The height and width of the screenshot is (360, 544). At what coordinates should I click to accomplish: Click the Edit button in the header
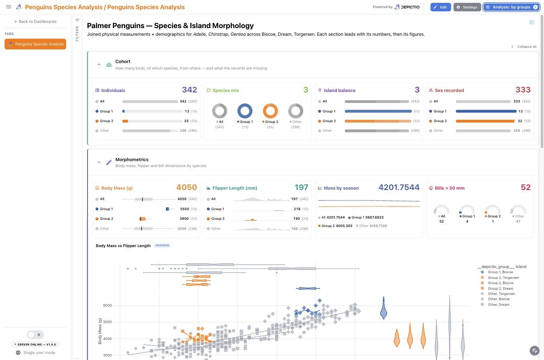440,7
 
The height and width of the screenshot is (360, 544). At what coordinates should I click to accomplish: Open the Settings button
467,7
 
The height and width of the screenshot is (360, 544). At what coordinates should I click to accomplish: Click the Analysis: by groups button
511,7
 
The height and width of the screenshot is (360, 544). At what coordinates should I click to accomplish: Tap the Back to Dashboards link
35,21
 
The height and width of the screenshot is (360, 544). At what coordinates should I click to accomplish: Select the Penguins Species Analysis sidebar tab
35,44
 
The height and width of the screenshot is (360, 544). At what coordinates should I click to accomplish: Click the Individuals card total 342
189,90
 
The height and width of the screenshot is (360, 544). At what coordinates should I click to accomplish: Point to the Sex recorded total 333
523,90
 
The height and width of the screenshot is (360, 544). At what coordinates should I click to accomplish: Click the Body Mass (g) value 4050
187,187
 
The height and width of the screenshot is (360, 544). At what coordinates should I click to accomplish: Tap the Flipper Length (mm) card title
234,188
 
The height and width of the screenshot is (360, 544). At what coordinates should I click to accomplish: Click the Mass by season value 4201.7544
399,187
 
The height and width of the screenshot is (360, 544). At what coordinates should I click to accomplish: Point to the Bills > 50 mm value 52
526,187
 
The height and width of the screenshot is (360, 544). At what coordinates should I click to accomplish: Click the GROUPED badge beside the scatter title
162,245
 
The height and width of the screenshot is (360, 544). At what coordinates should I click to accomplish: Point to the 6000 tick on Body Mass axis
107,305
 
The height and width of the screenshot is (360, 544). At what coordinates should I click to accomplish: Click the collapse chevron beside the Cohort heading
99,65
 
